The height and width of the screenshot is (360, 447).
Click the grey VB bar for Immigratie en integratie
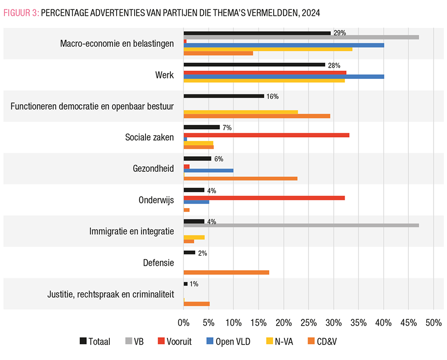point(301,225)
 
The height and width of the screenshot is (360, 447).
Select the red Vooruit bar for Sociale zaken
point(266,135)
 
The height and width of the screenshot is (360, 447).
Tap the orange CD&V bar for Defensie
point(226,272)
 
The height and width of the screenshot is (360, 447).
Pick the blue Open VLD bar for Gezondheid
point(209,170)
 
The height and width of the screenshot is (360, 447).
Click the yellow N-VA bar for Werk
point(264,80)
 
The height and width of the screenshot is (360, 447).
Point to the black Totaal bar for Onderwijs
point(194,190)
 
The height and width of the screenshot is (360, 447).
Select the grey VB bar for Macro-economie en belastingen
point(301,37)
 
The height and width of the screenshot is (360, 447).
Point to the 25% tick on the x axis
point(308,322)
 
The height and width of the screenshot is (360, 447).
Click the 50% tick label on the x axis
point(434,322)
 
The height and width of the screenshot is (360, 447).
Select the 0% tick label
point(184,322)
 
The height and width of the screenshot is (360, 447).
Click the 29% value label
point(340,33)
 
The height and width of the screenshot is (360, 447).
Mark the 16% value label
point(273,96)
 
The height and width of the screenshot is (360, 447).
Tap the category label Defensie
point(158,263)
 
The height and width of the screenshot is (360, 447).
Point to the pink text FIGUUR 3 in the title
point(20,13)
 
